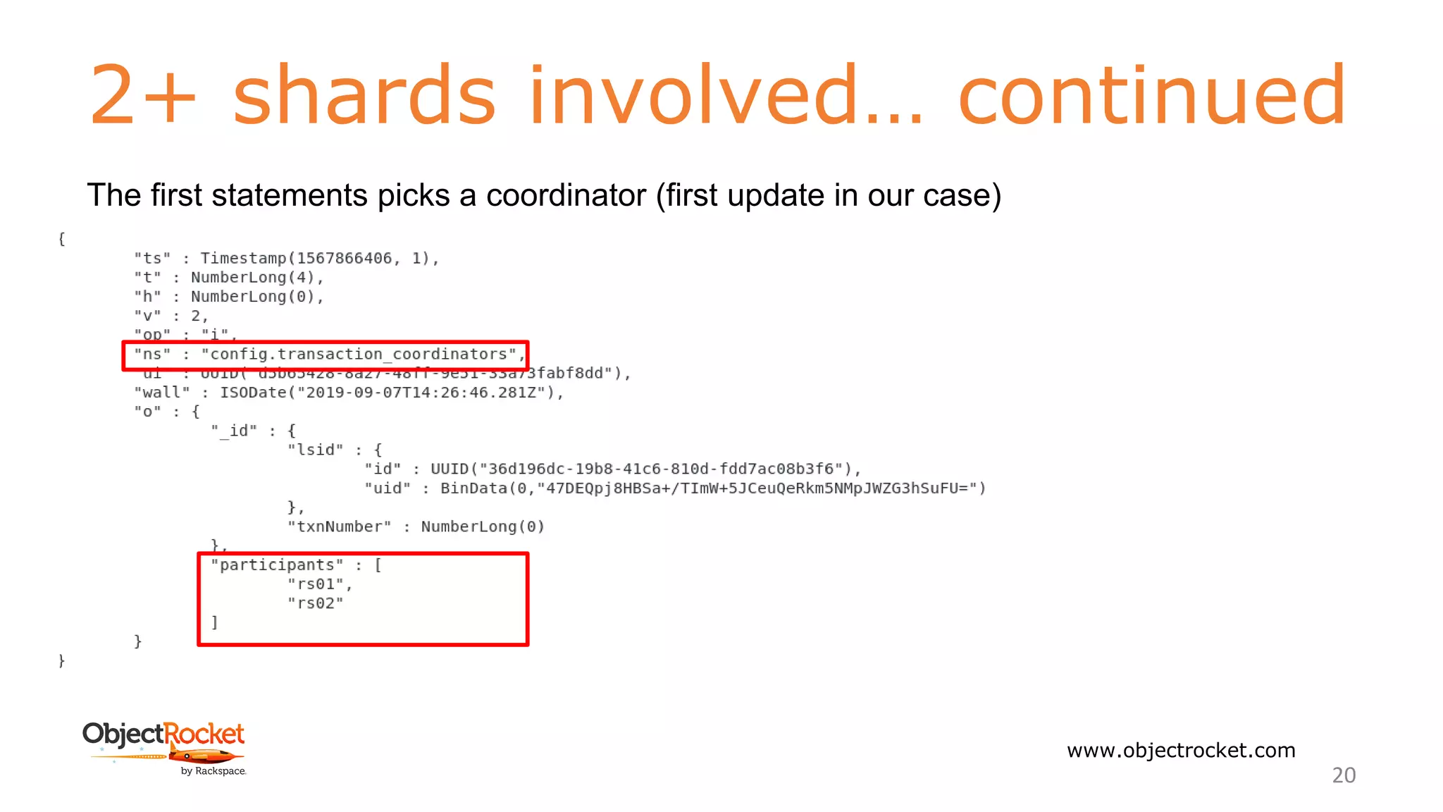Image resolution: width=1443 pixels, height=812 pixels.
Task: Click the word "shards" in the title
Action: tap(364, 95)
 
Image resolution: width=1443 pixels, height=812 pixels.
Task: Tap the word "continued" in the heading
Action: tap(1152, 95)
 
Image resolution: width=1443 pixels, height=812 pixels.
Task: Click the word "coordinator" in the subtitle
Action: tap(566, 195)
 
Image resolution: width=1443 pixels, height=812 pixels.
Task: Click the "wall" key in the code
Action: tap(162, 393)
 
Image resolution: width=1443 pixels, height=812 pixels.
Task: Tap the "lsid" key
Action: tap(315, 450)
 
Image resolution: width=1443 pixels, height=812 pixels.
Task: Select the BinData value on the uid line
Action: tap(712, 488)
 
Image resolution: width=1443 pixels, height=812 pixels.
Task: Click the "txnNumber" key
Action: tap(339, 527)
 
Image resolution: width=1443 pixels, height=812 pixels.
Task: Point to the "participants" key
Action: tap(277, 565)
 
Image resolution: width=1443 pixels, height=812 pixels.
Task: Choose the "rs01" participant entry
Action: tap(315, 584)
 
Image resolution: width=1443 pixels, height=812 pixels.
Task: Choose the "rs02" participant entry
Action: tap(315, 603)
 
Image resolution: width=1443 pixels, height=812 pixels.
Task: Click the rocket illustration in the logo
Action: tap(204, 756)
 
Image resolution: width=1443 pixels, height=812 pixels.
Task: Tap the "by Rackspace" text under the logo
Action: tap(213, 771)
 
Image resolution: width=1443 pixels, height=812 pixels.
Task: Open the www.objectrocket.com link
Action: tap(1181, 750)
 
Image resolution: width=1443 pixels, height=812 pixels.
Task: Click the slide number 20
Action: tap(1344, 775)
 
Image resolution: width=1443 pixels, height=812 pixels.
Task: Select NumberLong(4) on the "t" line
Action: tap(253, 278)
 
